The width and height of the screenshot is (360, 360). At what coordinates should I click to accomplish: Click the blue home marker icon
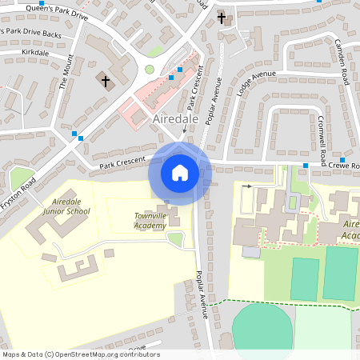coord(180,173)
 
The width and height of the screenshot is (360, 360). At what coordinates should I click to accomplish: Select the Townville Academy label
coord(150,221)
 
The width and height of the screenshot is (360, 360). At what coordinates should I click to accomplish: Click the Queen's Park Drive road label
coord(57,10)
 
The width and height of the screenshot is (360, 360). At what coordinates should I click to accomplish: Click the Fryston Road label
coord(18,194)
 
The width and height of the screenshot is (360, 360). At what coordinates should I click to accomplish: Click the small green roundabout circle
coord(150,70)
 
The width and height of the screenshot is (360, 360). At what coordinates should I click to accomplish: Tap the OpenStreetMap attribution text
coord(81,354)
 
